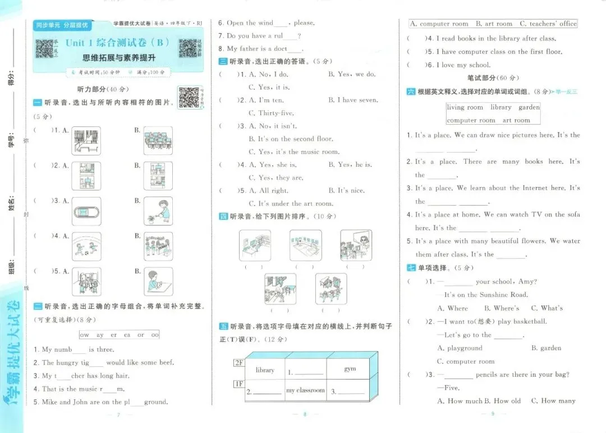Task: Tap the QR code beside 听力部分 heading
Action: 190,97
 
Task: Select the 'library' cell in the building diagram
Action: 265,370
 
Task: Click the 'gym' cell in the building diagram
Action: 350,369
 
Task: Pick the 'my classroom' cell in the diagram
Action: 305,390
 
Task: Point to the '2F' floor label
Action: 239,363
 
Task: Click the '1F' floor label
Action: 239,384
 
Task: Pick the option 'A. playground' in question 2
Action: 460,348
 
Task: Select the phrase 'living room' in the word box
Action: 465,107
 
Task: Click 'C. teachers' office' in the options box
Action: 548,24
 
